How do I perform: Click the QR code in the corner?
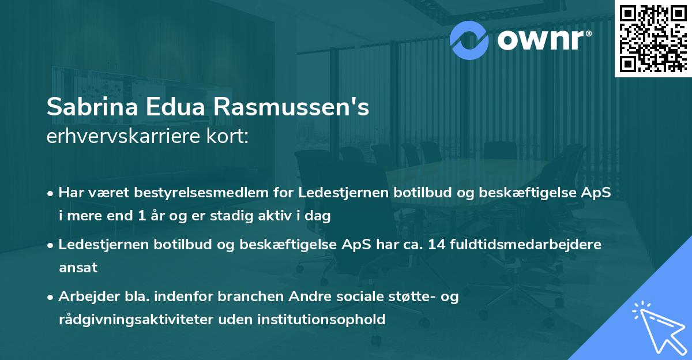pyautogui.click(x=653, y=38)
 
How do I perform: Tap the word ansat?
pyautogui.click(x=78, y=267)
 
